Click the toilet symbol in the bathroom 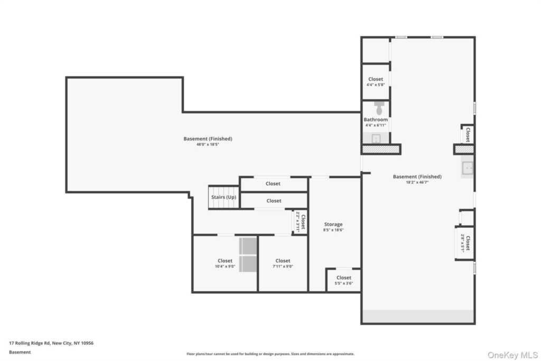(x=379, y=108)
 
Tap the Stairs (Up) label (x=224, y=197)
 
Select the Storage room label (x=333, y=225)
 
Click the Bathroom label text (x=376, y=120)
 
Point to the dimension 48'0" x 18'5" (x=208, y=144)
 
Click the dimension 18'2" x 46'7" (x=417, y=182)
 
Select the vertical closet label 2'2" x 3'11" (x=301, y=222)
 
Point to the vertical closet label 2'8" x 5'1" (x=465, y=243)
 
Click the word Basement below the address (x=20, y=352)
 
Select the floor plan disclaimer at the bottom (x=270, y=354)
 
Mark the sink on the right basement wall (x=468, y=168)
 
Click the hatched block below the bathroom (x=381, y=150)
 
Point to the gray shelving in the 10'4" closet (x=248, y=255)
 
